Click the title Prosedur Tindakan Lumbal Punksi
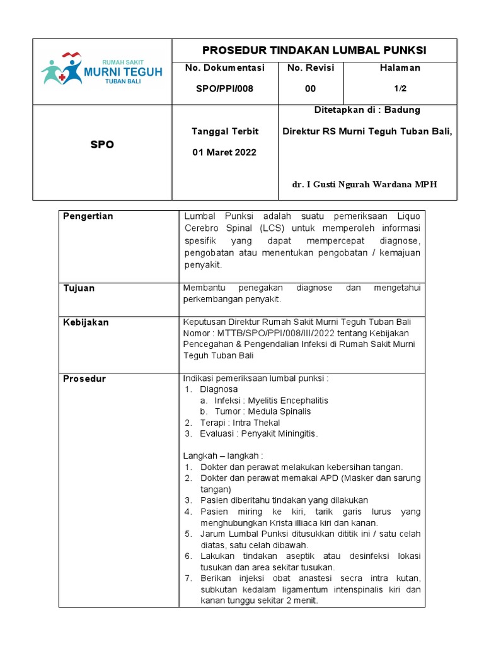click(314, 50)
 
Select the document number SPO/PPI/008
click(224, 88)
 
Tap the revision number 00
click(311, 88)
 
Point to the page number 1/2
click(400, 88)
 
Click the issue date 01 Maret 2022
click(224, 152)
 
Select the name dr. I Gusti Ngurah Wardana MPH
click(364, 184)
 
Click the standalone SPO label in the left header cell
click(102, 144)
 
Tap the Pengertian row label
click(88, 216)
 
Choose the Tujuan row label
click(79, 288)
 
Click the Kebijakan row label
click(86, 322)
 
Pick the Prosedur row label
click(84, 379)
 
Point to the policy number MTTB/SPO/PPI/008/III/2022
click(279, 333)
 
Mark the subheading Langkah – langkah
click(222, 455)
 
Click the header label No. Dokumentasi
click(225, 68)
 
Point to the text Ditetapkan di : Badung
click(367, 110)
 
